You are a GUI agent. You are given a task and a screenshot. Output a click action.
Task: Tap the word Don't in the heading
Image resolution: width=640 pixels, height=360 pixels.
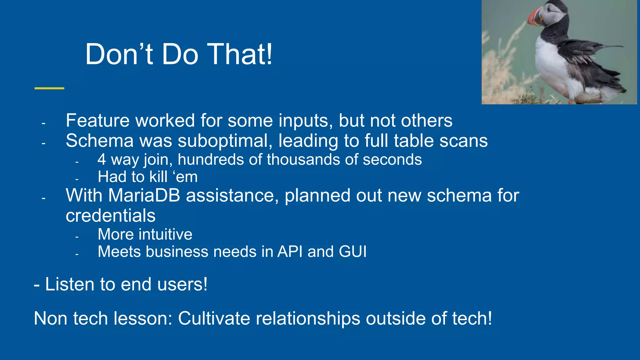click(119, 54)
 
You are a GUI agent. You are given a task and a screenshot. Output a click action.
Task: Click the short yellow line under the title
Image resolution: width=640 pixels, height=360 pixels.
click(49, 88)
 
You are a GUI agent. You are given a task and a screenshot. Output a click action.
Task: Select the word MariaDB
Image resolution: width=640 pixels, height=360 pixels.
click(144, 196)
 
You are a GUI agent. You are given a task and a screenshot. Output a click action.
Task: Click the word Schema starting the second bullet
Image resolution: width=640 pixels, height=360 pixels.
click(99, 141)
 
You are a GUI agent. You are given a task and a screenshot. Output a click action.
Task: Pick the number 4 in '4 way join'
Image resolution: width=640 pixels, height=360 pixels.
click(102, 160)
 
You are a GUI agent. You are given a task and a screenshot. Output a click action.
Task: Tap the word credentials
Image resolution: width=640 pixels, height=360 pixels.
click(110, 216)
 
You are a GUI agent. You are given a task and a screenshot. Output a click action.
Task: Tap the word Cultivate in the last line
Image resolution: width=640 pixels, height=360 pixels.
click(214, 318)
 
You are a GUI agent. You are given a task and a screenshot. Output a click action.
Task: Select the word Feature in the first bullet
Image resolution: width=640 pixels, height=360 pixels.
click(97, 121)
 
